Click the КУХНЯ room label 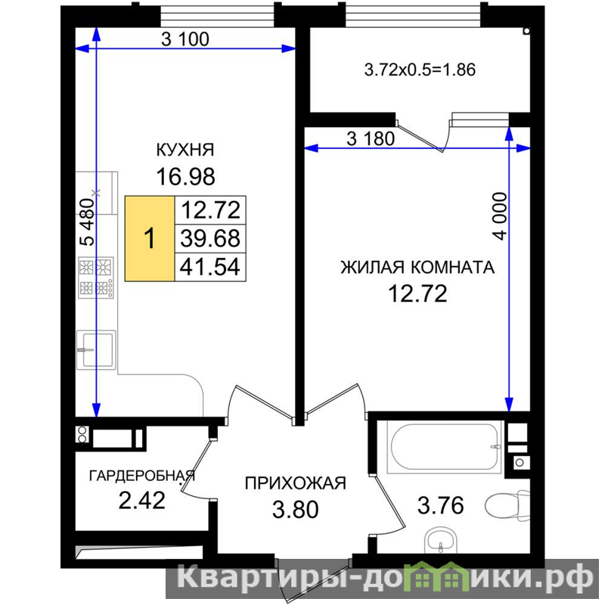point(185,150)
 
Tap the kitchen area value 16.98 point(185,177)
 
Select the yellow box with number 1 point(150,238)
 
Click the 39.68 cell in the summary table point(211,238)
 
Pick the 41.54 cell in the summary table point(211,267)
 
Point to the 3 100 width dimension point(185,39)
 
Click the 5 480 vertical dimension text point(87,222)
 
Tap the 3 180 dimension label point(371,138)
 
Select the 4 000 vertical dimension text point(500,216)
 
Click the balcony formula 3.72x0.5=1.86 point(420,70)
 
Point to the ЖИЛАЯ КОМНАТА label point(417,268)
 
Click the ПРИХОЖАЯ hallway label point(296,483)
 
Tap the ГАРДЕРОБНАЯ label point(142,476)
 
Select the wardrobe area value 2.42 point(142,501)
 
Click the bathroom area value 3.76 point(441,505)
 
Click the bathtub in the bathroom point(445,447)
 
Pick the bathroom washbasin point(441,541)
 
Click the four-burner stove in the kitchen point(96,278)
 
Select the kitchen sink point(96,350)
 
